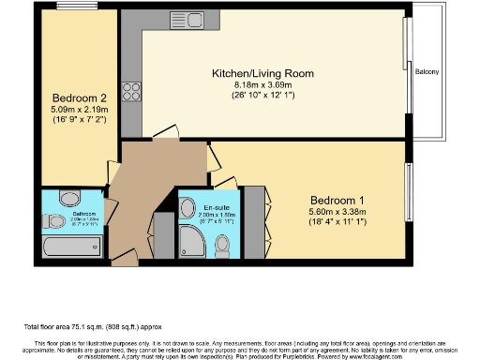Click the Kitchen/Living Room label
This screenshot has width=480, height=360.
coord(274,73)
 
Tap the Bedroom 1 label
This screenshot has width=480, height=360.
coord(337,200)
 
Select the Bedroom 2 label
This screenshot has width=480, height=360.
coord(73,96)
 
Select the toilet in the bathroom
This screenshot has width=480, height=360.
coord(50,221)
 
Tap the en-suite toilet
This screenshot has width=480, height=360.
coord(222,246)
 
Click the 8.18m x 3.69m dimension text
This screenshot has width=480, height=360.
coord(274,85)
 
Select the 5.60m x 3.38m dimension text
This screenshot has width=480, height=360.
coord(337,211)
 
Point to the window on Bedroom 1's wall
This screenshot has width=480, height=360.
coord(408,192)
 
